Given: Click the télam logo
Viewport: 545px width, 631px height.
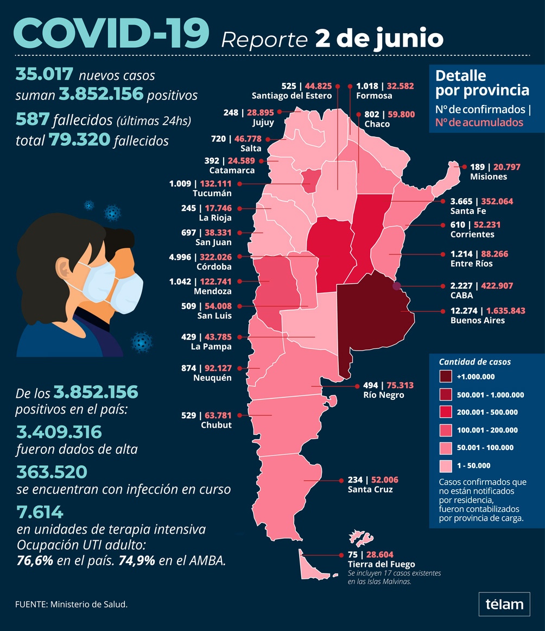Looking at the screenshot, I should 504,604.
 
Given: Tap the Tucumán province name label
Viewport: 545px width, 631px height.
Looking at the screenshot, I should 212,193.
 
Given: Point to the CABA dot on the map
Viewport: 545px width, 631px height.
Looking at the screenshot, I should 397,286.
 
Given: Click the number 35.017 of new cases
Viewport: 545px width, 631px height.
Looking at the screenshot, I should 45,74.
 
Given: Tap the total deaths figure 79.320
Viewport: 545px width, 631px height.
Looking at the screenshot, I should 79,140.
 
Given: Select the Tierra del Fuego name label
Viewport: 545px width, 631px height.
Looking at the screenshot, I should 381,564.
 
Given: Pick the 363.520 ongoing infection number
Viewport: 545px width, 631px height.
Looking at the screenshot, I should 51,471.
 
